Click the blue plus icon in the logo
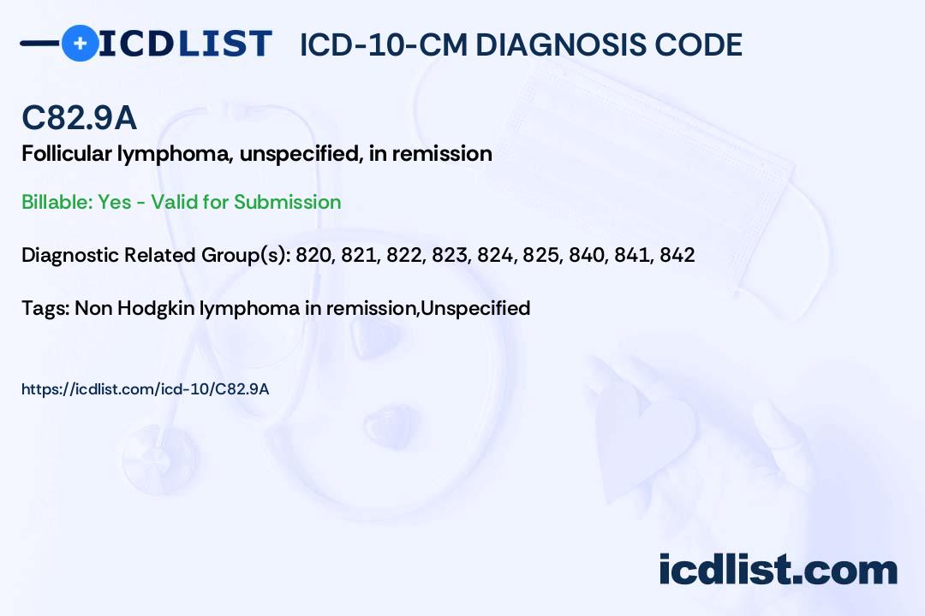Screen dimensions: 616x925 pos(80,43)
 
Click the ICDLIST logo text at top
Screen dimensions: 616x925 pos(186,44)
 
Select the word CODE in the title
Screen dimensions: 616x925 pos(702,44)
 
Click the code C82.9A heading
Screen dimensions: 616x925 pos(79,119)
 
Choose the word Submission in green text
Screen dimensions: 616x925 pos(287,202)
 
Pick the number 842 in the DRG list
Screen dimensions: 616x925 pos(677,255)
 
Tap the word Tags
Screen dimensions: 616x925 pos(43,308)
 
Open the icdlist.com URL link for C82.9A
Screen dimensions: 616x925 pos(145,389)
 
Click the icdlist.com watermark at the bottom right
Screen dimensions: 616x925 pos(778,570)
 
